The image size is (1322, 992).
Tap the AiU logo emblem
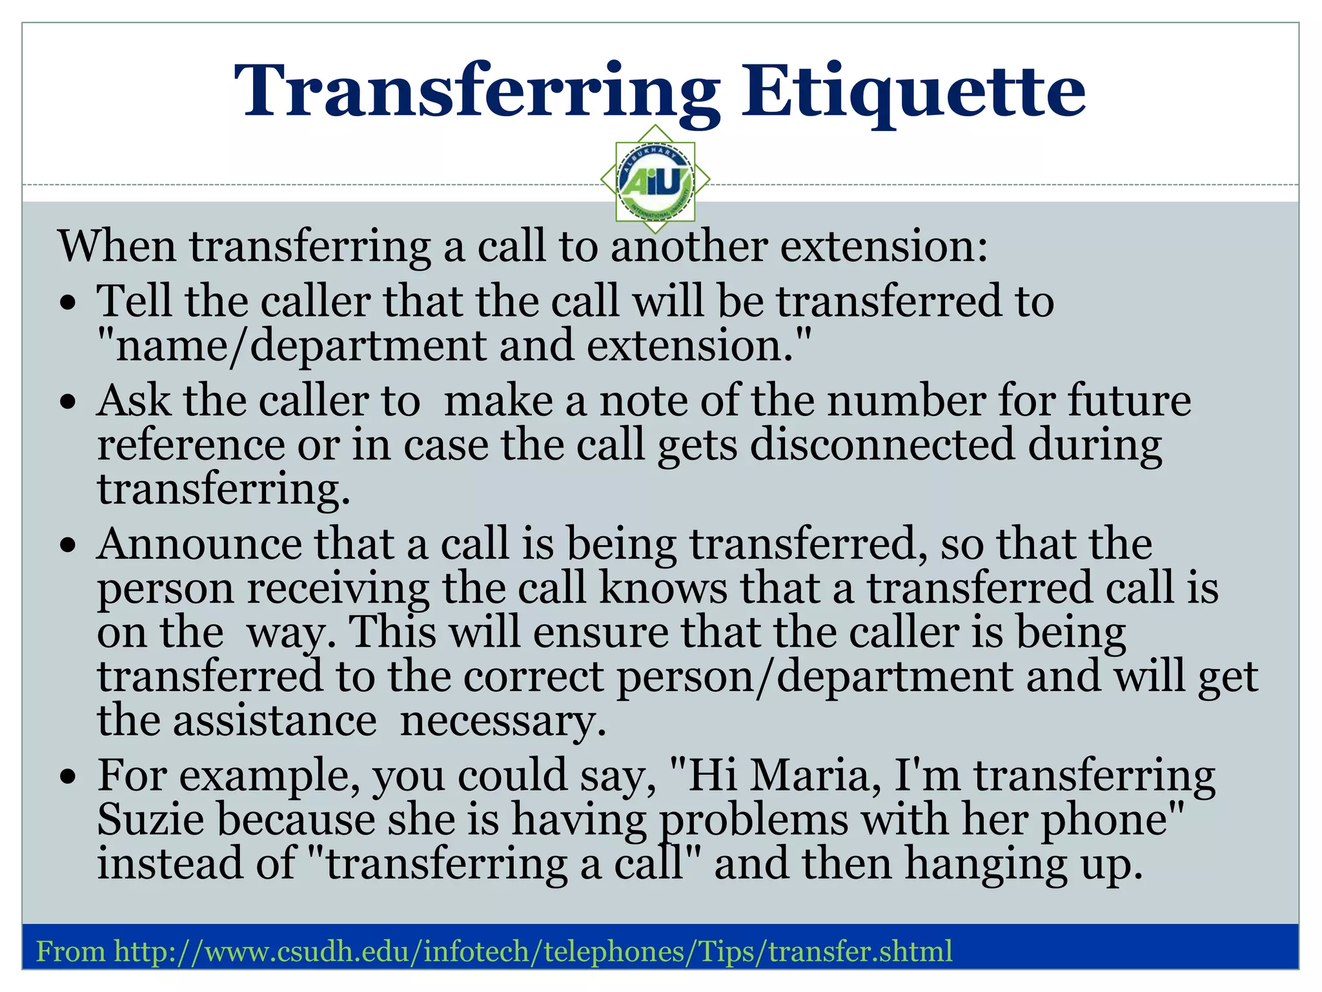pyautogui.click(x=655, y=180)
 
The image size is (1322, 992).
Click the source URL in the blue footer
pyautogui.click(x=533, y=951)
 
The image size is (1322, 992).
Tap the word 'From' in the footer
pyautogui.click(x=70, y=951)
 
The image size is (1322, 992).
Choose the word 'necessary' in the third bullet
pyautogui.click(x=503, y=721)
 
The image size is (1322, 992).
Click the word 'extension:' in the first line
pyautogui.click(x=884, y=247)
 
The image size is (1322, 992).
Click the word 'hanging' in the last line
pyautogui.click(x=986, y=865)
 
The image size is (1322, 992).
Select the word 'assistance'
pyautogui.click(x=274, y=721)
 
